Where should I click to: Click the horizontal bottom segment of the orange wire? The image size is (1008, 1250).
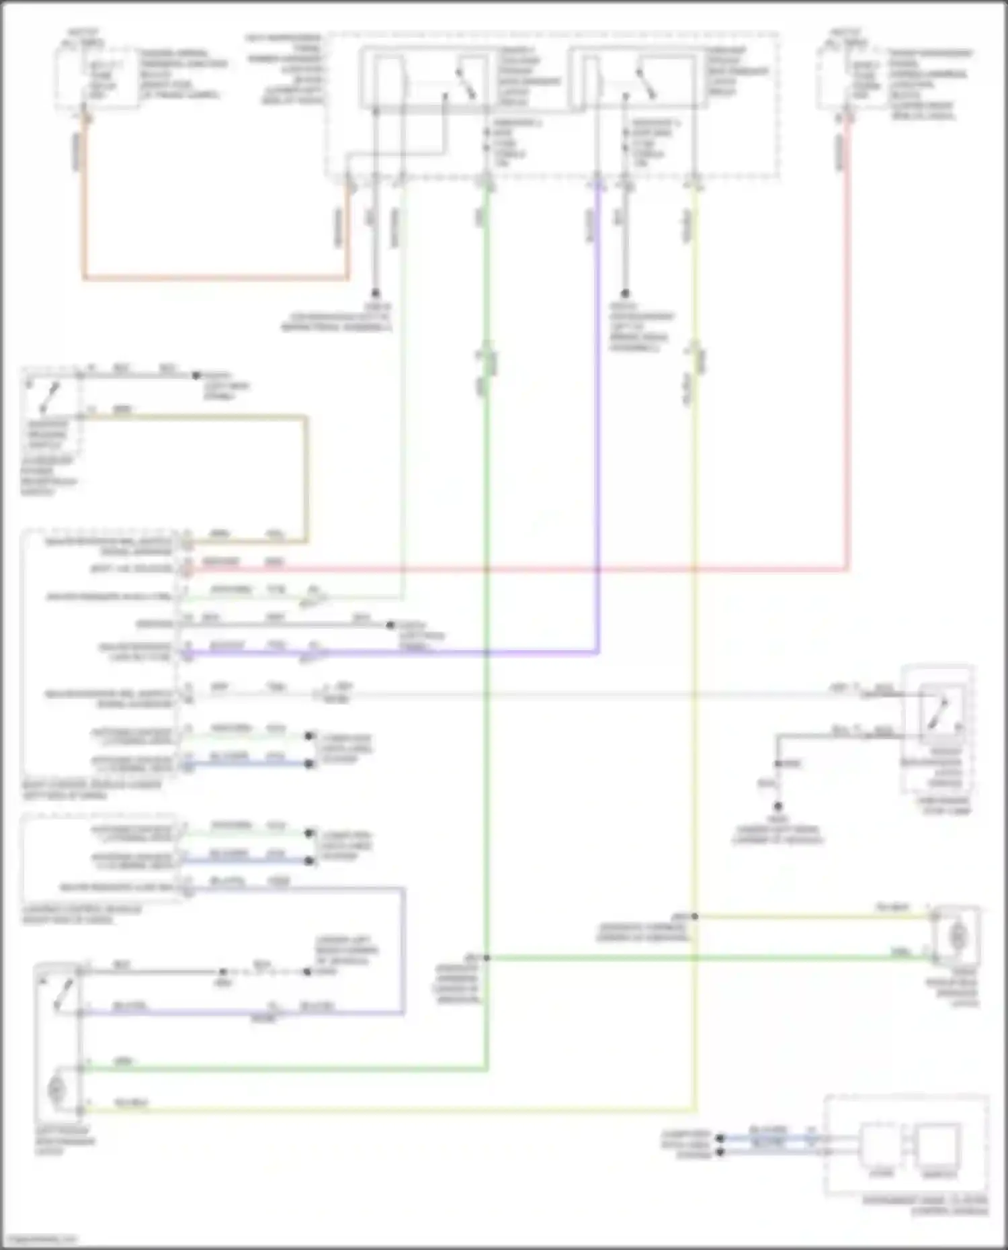pyautogui.click(x=215, y=277)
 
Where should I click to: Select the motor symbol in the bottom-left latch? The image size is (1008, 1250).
pyautogui.click(x=57, y=1089)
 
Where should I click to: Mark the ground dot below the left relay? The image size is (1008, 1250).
pyautogui.click(x=376, y=294)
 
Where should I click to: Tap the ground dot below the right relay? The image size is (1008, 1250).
pyautogui.click(x=625, y=294)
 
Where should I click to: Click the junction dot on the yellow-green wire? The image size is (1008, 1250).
pyautogui.click(x=695, y=916)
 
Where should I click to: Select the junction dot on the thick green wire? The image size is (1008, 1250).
pyautogui.click(x=487, y=957)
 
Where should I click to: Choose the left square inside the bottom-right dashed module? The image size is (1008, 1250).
pyautogui.click(x=880, y=1145)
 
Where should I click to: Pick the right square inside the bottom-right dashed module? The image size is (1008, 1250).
pyautogui.click(x=939, y=1145)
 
